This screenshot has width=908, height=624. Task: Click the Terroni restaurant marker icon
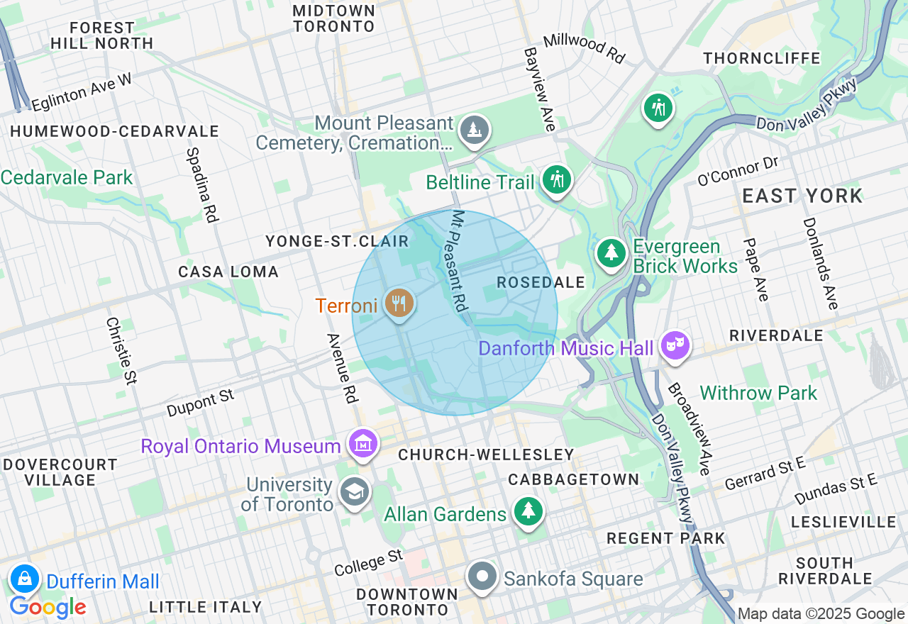[399, 303]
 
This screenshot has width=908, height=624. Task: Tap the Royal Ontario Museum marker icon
[363, 444]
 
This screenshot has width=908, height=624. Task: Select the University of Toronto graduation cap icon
[353, 491]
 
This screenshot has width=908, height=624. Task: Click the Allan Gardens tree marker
[528, 511]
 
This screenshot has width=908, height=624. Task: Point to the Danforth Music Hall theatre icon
[675, 345]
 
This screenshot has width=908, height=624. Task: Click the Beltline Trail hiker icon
[557, 179]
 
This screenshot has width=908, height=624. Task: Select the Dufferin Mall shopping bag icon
[25, 578]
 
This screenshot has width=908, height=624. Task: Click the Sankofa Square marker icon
[483, 576]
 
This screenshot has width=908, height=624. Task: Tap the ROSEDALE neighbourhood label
[541, 283]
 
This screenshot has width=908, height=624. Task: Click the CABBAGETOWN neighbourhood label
[574, 480]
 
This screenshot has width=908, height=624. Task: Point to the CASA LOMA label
[228, 272]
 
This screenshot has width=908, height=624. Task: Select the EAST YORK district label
[802, 196]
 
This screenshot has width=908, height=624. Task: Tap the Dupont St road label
[200, 402]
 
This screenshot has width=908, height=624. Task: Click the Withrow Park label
[758, 393]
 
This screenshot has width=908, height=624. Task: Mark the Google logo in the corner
[48, 607]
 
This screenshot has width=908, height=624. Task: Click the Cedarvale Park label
[67, 177]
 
